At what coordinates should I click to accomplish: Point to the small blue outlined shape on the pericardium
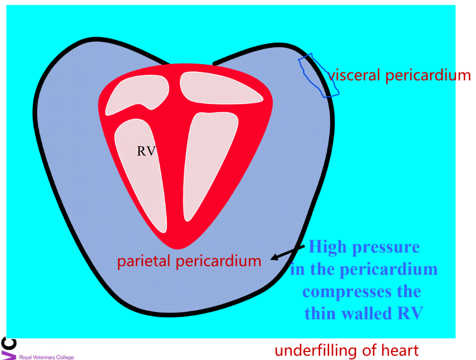click(318, 75)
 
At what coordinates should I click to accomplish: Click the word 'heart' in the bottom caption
click(400, 350)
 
